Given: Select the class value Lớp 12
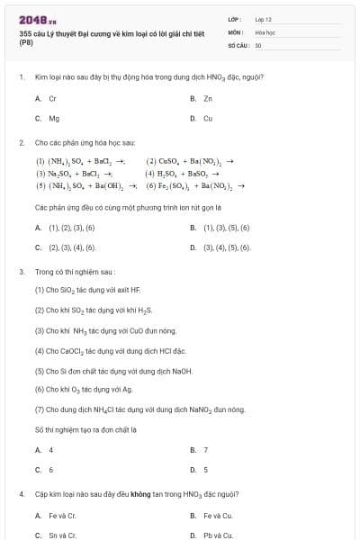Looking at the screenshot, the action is [263, 18].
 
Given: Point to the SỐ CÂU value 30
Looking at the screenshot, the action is [258, 44].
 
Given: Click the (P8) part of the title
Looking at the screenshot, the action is [25, 42].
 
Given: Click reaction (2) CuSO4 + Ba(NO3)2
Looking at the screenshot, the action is [189, 161].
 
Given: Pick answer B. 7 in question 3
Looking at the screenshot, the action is [199, 449].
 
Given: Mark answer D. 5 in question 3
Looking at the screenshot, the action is [199, 469].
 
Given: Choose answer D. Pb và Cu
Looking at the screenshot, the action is [211, 535].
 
